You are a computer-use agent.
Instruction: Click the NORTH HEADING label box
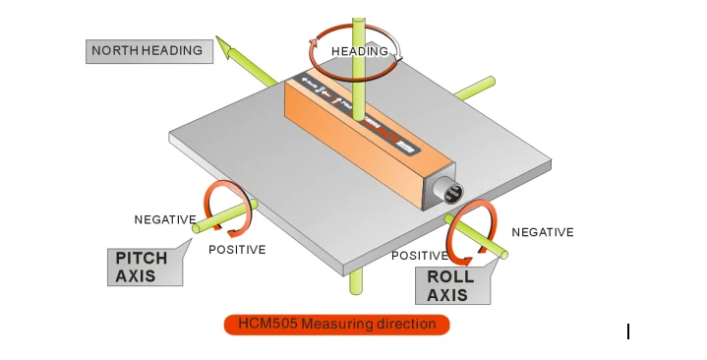tap(148, 50)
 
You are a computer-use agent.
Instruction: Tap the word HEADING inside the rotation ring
tap(358, 51)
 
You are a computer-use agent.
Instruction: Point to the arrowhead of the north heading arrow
tap(224, 42)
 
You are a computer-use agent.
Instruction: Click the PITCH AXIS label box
tap(144, 267)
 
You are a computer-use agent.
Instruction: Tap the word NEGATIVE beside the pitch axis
tap(165, 218)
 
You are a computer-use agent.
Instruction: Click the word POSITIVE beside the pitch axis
tap(237, 250)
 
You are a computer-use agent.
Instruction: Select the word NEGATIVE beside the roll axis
tap(542, 232)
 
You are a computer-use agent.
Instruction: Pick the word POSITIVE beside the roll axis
tap(420, 256)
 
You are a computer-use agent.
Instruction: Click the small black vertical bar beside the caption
tap(627, 331)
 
